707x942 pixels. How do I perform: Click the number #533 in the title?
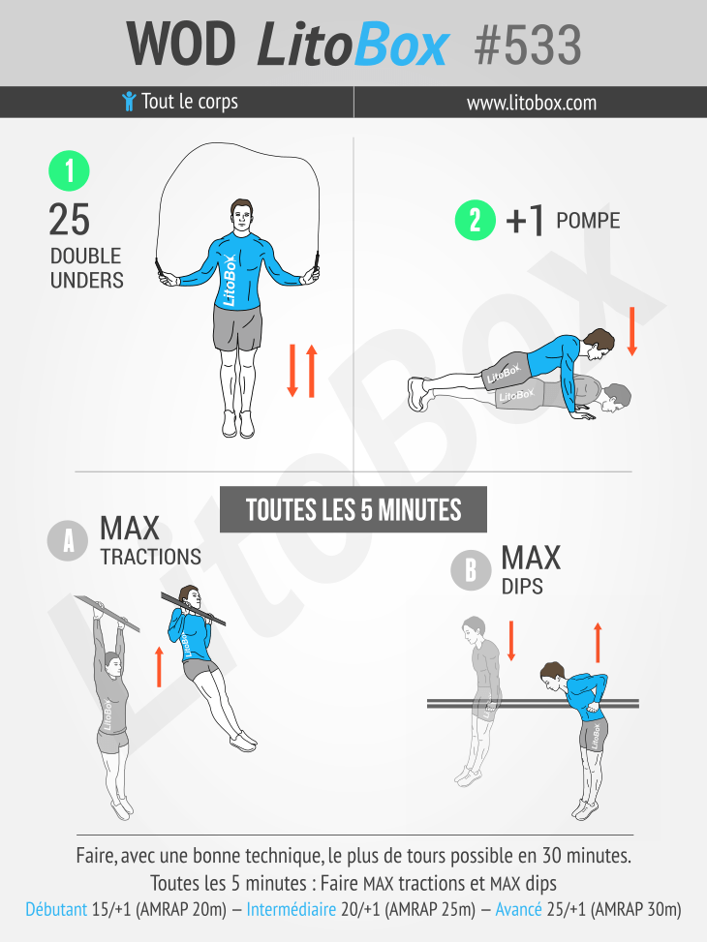pyautogui.click(x=528, y=46)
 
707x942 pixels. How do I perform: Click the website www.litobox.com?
pyautogui.click(x=532, y=103)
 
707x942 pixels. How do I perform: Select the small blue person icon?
pyautogui.click(x=129, y=101)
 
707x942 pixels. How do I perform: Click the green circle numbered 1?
pyautogui.click(x=69, y=171)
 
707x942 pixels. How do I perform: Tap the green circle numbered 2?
pyautogui.click(x=475, y=220)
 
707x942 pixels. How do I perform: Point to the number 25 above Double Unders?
pyautogui.click(x=69, y=220)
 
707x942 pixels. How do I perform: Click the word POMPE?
pyautogui.click(x=587, y=221)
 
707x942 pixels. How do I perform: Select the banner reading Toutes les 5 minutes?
pyautogui.click(x=353, y=509)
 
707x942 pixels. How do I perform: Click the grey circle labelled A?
pyautogui.click(x=68, y=540)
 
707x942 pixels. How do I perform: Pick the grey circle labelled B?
pyautogui.click(x=471, y=569)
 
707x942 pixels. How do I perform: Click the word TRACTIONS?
pyautogui.click(x=151, y=557)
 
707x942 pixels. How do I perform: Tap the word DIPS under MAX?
pyautogui.click(x=522, y=587)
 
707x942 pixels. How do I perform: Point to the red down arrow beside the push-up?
pyautogui.click(x=631, y=331)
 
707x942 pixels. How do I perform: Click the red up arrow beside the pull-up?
pyautogui.click(x=159, y=667)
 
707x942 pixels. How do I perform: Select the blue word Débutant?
pyautogui.click(x=56, y=909)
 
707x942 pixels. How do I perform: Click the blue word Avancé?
pyautogui.click(x=518, y=909)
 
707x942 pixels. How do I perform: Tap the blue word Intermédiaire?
pyautogui.click(x=291, y=909)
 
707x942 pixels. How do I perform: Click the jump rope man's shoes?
pyautogui.click(x=238, y=423)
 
